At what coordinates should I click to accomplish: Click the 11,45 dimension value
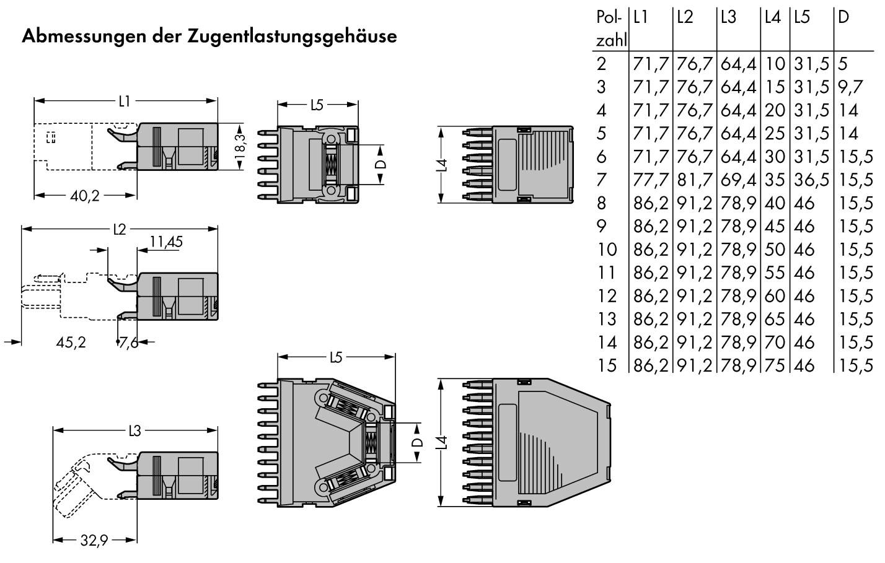click(x=165, y=242)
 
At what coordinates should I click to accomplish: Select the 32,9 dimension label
click(x=94, y=541)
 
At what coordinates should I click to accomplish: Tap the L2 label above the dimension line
click(x=119, y=230)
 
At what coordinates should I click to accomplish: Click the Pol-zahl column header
click(x=610, y=28)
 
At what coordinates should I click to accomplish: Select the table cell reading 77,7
click(x=651, y=180)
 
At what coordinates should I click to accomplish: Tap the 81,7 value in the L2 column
click(x=695, y=180)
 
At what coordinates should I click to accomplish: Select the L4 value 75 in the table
click(x=775, y=365)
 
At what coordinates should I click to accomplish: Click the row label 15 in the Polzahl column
click(x=607, y=365)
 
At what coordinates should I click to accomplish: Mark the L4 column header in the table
click(x=772, y=17)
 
